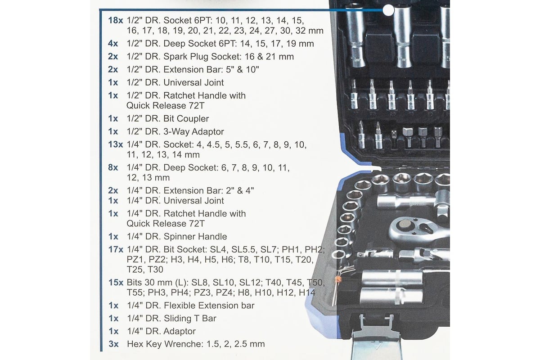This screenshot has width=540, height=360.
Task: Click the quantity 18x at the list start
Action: pyautogui.click(x=116, y=21)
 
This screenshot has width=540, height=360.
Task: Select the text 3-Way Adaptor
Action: pyautogui.click(x=193, y=132)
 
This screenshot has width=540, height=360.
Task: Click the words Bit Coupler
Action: pyautogui.click(x=186, y=119)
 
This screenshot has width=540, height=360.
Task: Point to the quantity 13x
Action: pyautogui.click(x=116, y=145)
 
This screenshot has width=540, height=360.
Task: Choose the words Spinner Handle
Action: pyautogui.click(x=195, y=237)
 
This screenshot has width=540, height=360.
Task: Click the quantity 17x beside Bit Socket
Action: pyautogui.click(x=116, y=249)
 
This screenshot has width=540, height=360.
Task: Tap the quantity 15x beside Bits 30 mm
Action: pyautogui.click(x=116, y=282)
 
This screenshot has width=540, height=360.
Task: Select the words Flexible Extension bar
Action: pyautogui.click(x=209, y=306)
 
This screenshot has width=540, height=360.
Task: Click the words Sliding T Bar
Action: pyautogui.click(x=190, y=319)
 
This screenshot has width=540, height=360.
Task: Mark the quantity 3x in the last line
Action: pyautogui.click(x=113, y=344)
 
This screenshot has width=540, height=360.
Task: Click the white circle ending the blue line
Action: pyautogui.click(x=388, y=10)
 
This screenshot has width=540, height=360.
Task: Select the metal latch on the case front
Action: pyautogui.click(x=376, y=337)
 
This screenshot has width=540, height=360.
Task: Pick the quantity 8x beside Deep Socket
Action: pyautogui.click(x=113, y=167)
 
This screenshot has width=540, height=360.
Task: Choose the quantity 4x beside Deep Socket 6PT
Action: pyautogui.click(x=113, y=44)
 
